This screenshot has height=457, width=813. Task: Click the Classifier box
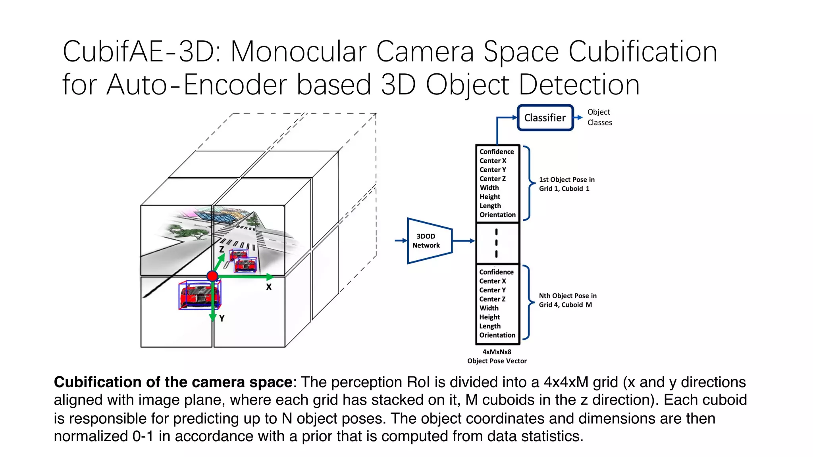pos(545,118)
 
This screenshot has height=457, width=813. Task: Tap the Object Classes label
pos(599,117)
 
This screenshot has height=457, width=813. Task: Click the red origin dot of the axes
pos(213,276)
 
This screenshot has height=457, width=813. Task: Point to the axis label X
pos(269,287)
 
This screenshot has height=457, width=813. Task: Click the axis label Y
pos(222,318)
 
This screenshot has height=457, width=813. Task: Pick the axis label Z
pos(222,250)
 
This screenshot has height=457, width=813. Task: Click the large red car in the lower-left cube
pos(199,295)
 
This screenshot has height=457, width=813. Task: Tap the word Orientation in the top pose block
pos(497,215)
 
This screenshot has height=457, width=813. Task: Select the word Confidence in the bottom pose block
pos(496,272)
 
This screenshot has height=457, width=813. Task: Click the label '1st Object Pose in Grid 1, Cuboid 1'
pos(566,184)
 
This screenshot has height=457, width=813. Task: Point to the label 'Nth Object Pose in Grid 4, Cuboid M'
pos(567,300)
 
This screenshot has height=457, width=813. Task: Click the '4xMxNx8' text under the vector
pos(497,352)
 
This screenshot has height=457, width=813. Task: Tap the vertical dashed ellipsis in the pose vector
pos(496,243)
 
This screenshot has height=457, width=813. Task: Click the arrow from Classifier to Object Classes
pos(578,117)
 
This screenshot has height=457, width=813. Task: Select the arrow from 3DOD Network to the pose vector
pos(463,241)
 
